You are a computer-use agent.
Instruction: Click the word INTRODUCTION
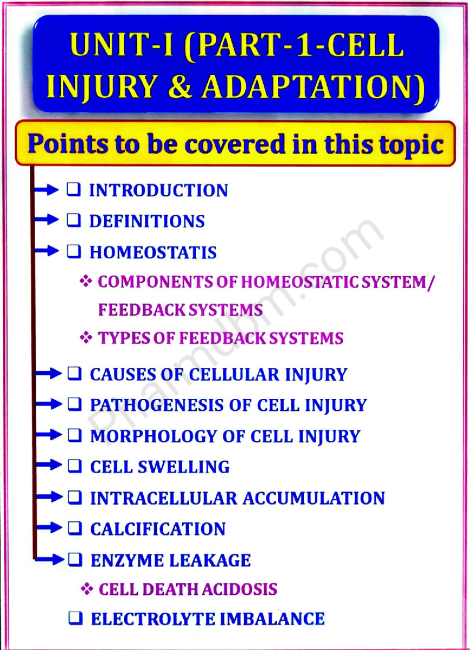tap(158, 191)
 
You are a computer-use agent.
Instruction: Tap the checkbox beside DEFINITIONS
tap(74, 221)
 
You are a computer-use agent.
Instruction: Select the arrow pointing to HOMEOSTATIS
tap(47, 251)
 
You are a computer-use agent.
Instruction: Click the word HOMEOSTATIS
tap(153, 252)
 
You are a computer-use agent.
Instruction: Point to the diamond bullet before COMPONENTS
tap(86, 281)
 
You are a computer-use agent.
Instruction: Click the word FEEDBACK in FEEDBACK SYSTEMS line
tap(142, 310)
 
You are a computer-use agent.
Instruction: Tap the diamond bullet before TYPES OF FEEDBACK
tap(86, 337)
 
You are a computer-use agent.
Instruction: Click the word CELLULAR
tap(234, 374)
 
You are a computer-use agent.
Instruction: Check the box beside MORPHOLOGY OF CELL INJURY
tap(74, 435)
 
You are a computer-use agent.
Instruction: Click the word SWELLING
tap(184, 467)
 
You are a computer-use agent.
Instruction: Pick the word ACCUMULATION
tap(314, 498)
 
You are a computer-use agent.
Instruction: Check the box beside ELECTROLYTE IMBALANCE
tap(75, 618)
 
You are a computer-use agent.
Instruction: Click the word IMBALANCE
tap(272, 619)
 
